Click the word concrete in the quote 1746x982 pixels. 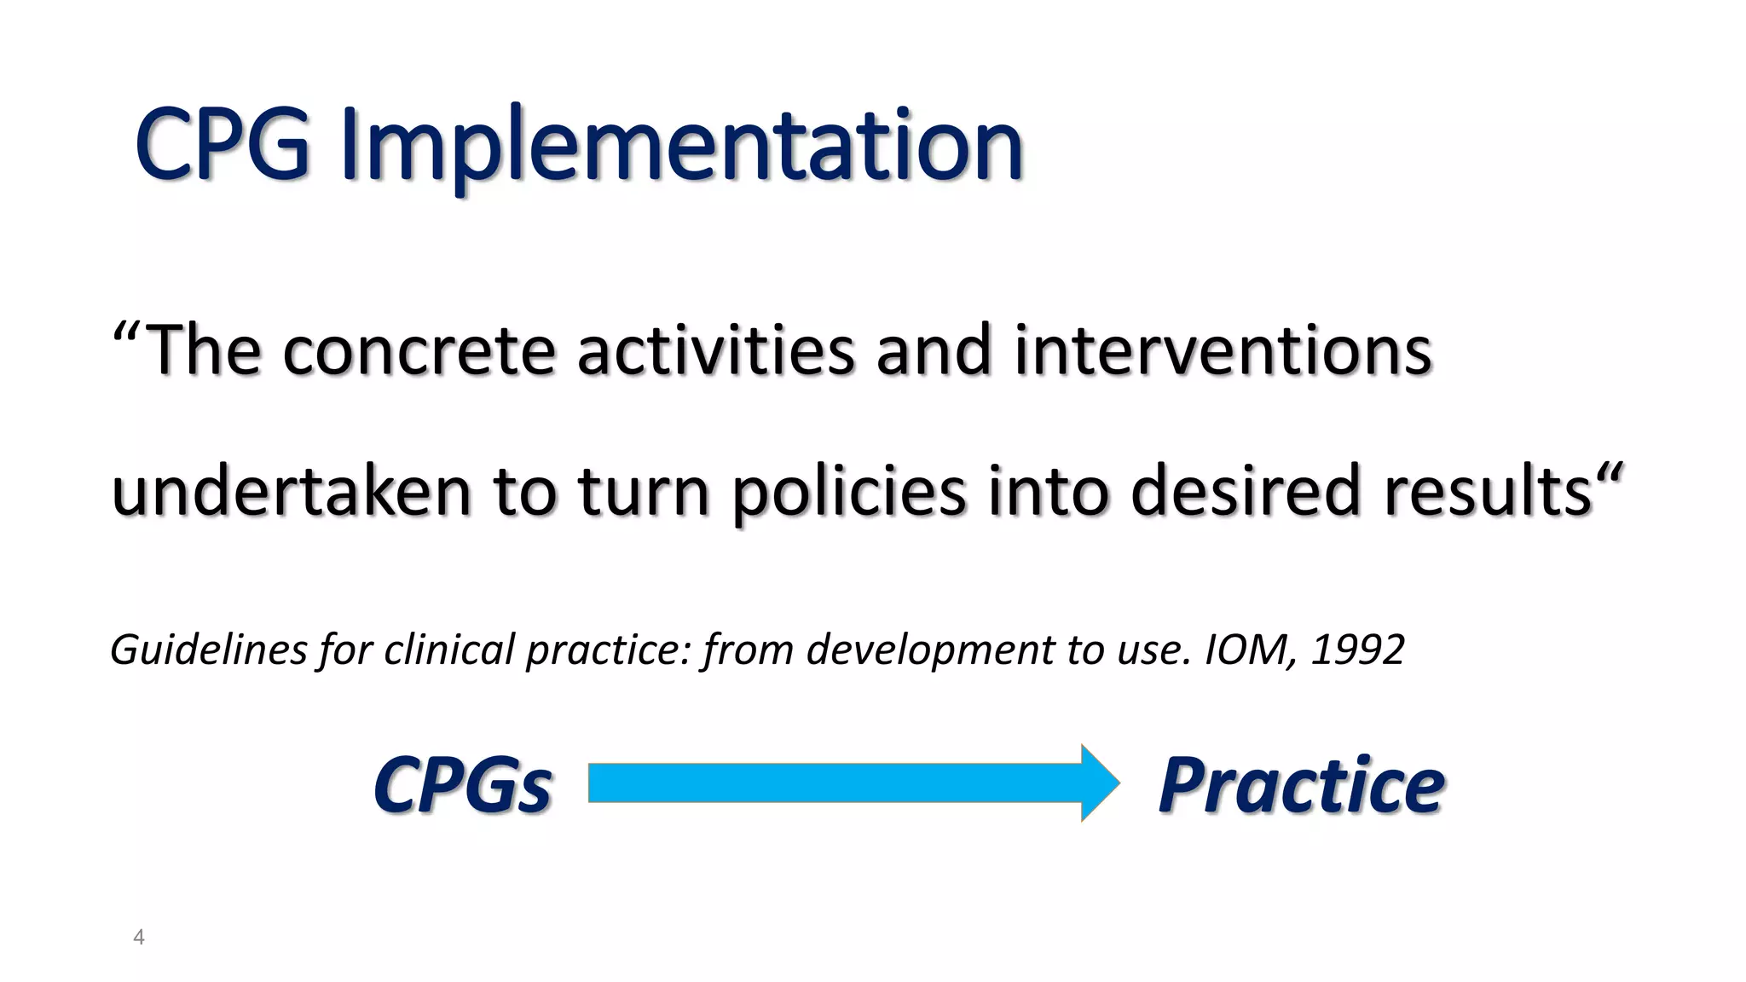coord(419,351)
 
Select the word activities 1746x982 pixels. coord(715,351)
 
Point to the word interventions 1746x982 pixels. coord(1223,351)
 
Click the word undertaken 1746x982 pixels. coord(291,493)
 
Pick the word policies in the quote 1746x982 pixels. coord(849,493)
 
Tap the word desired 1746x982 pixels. coord(1245,493)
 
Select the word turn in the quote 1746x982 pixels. coord(644,493)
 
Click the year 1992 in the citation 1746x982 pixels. coord(1357,650)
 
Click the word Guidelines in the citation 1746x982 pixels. coord(209,650)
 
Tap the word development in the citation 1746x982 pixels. coord(930,650)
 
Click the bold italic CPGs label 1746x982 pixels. coord(463,785)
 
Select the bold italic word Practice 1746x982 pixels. coord(1301,785)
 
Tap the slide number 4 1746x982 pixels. coord(139,938)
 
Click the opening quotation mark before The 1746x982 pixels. coord(125,331)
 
